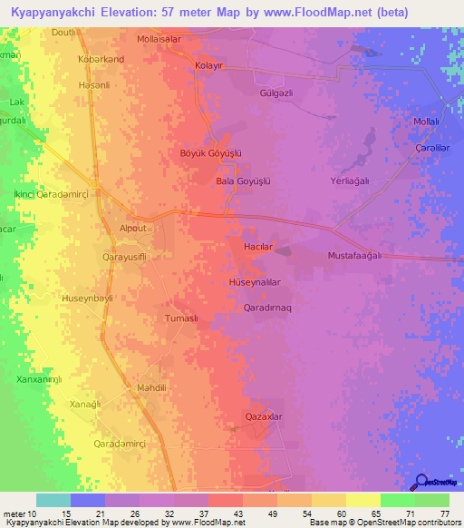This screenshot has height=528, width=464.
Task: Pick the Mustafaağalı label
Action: (355, 256)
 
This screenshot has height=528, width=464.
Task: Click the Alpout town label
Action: (132, 229)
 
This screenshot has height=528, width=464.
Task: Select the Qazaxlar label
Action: (264, 416)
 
